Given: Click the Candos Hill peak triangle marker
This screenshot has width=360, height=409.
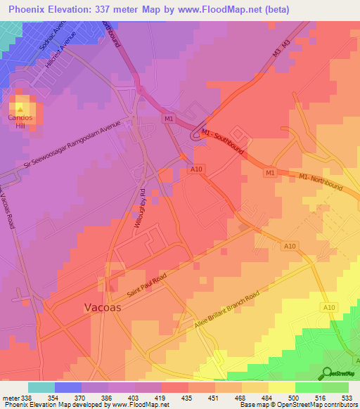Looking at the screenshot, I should [x=20, y=109].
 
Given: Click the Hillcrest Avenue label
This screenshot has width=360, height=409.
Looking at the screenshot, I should [x=60, y=51].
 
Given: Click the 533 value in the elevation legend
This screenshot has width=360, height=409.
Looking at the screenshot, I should [x=345, y=397].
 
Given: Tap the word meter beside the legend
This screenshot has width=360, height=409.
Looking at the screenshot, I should [x=11, y=397].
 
